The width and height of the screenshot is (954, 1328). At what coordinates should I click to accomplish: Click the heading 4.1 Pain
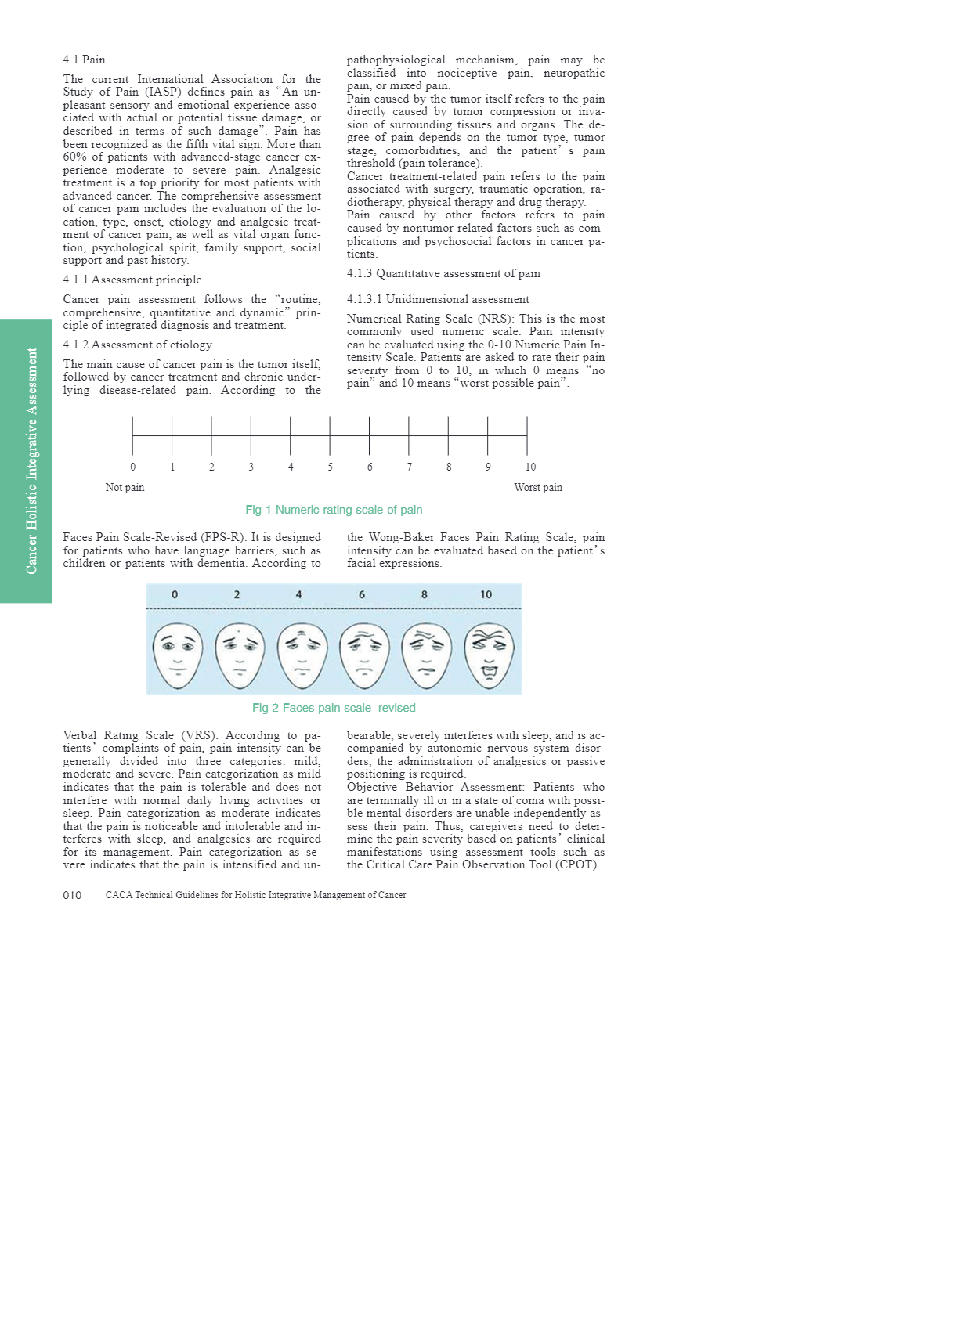pos(84,60)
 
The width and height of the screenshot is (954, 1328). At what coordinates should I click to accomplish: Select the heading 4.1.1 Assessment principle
pos(132,280)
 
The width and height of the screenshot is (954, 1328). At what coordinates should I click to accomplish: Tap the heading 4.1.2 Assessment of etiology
pos(137,345)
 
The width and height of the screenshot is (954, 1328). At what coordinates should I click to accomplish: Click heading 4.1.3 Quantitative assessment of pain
pos(443,273)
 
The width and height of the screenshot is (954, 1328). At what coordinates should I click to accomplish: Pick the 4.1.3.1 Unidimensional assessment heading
pos(438,299)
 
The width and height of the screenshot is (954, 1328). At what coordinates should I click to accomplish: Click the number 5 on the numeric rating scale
pos(330,467)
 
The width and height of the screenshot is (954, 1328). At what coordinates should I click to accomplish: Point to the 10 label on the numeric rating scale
pos(530,467)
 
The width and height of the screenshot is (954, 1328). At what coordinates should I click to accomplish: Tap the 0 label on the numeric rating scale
pos(132,467)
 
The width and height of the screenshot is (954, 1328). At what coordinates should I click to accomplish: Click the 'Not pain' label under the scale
pos(125,488)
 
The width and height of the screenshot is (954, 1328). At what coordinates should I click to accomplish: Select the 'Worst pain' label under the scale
pos(537,488)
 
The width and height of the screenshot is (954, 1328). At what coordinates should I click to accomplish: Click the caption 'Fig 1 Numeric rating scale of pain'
pos(334,510)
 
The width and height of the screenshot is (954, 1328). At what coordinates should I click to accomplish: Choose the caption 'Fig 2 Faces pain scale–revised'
pos(334,708)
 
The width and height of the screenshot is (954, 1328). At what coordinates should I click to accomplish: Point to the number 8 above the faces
pos(425,595)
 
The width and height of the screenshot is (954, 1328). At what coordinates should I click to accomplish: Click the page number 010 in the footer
pos(72,895)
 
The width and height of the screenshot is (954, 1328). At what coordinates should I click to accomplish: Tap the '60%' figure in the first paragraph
pos(75,157)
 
